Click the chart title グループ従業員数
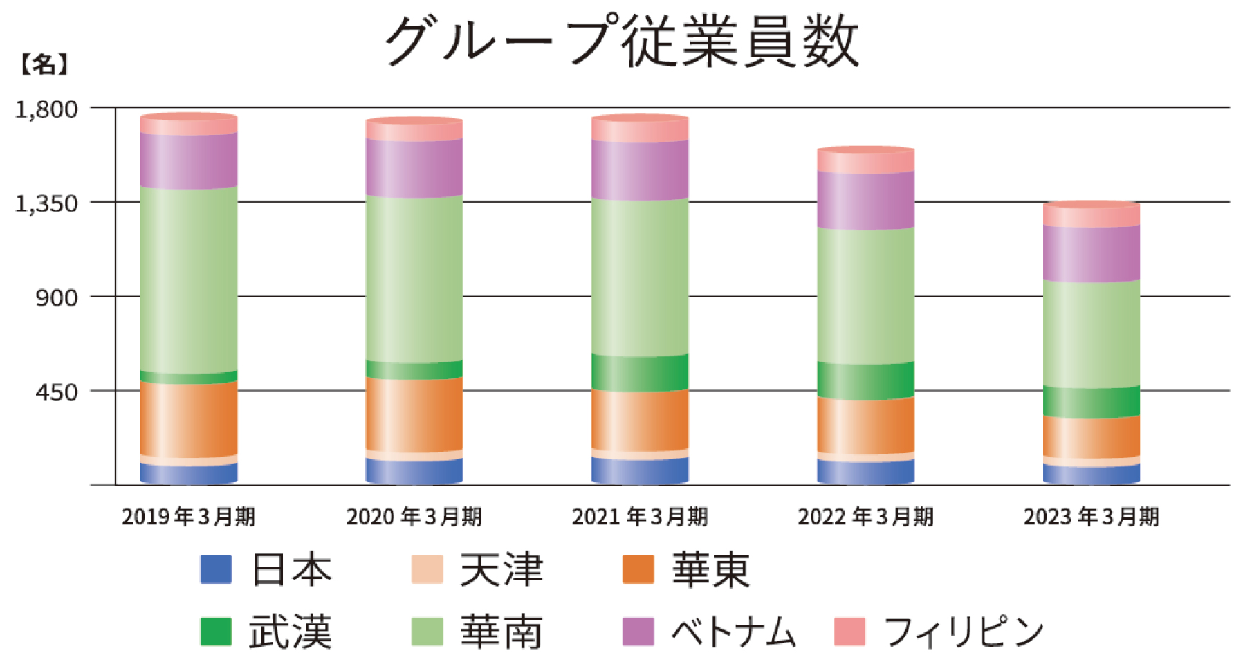[621, 42]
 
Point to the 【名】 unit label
[43, 65]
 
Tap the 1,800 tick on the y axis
[47, 109]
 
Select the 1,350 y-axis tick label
[47, 203]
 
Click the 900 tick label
[57, 297]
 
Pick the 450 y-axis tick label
[57, 392]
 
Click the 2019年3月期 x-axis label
[188, 517]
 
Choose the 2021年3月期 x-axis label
[640, 517]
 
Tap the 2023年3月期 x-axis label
[1091, 517]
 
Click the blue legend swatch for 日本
[216, 569]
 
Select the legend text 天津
[501, 570]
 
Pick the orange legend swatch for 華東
[638, 569]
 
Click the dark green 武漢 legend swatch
[216, 631]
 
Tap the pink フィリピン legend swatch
[849, 631]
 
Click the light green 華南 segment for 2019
[188, 279]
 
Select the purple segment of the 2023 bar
[1091, 253]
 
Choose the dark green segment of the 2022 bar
[865, 380]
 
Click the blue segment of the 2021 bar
[640, 471]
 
